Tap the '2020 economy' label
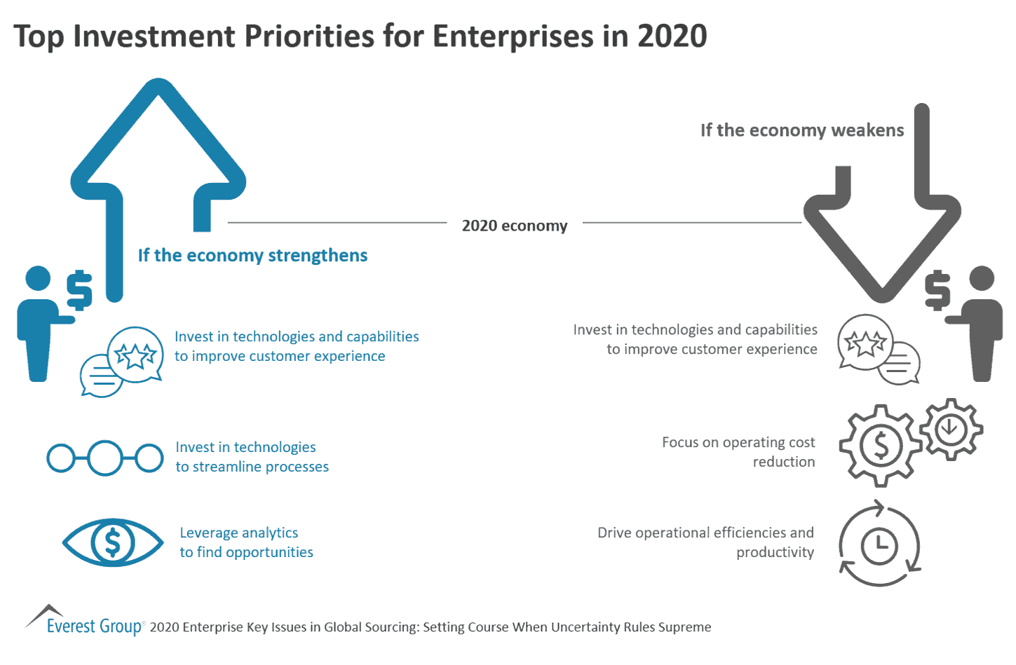(x=514, y=226)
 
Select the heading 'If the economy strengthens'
(x=252, y=255)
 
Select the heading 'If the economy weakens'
(x=801, y=130)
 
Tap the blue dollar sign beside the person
(x=79, y=289)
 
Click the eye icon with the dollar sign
(x=113, y=542)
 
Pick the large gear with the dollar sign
(x=880, y=446)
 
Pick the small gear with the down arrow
(x=951, y=429)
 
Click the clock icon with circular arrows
(x=879, y=544)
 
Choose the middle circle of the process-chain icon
(x=105, y=458)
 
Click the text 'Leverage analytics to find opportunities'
(x=246, y=542)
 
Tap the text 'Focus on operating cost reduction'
(x=738, y=452)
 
